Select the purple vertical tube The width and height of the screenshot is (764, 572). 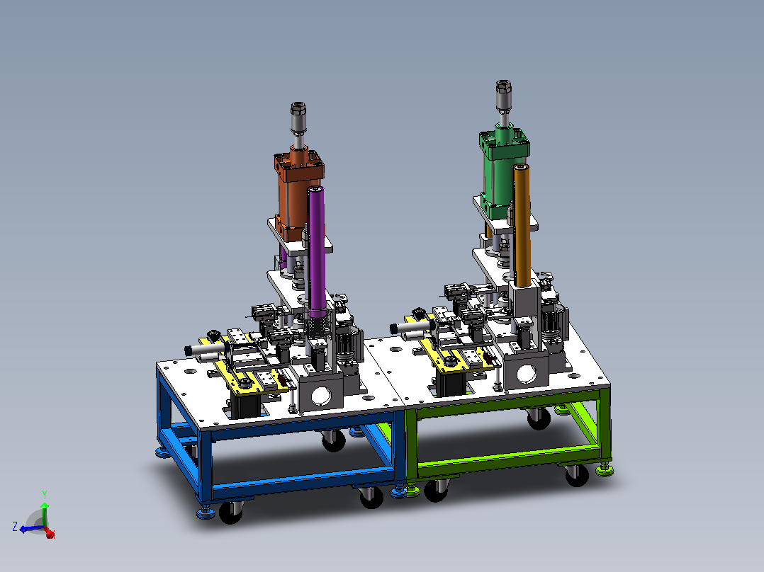click(317, 248)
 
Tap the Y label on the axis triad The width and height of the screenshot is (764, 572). click(45, 495)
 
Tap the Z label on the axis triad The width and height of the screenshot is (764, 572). click(15, 526)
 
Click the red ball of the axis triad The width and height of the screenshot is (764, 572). click(50, 534)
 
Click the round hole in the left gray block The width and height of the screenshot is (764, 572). click(320, 396)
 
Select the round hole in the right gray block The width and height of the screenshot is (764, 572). click(526, 373)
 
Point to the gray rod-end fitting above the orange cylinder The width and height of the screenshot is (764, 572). click(298, 117)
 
